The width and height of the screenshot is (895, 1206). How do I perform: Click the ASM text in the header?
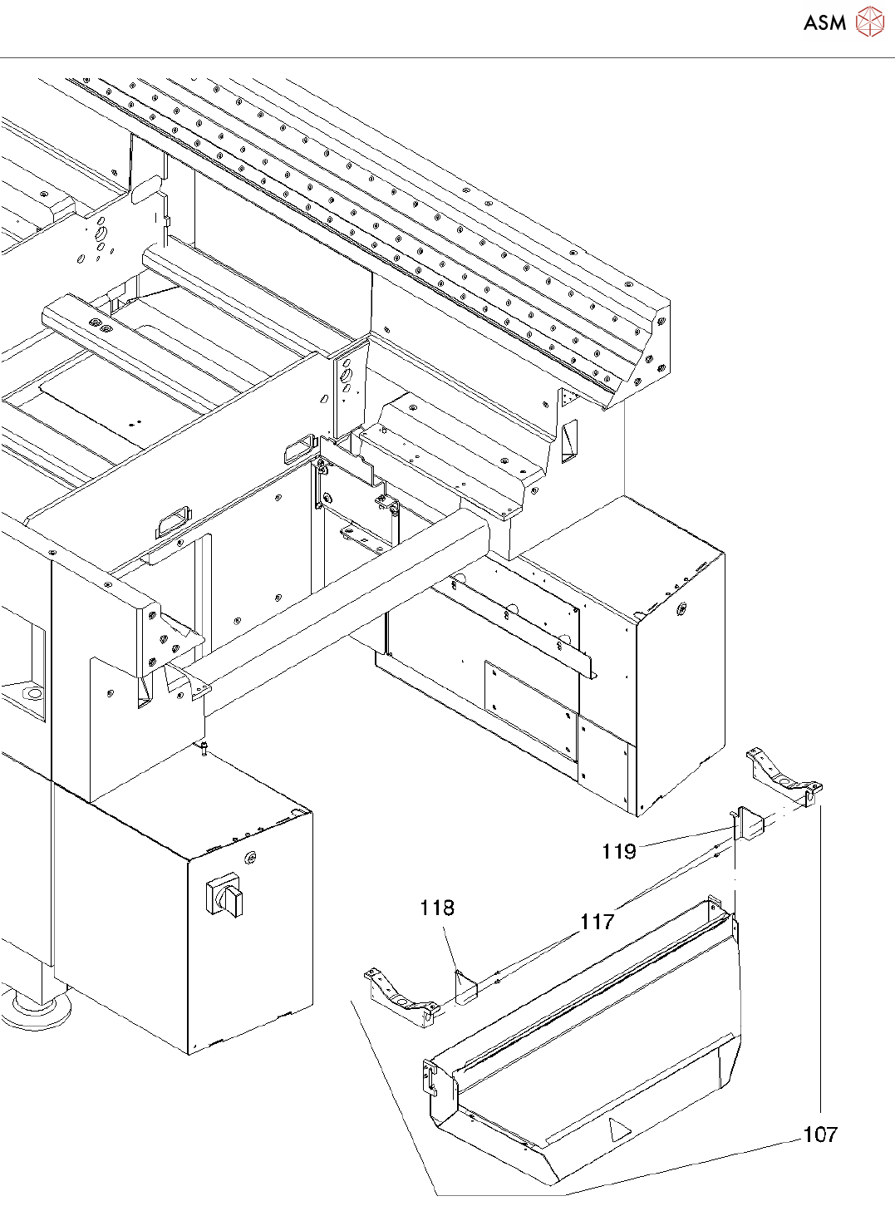click(824, 23)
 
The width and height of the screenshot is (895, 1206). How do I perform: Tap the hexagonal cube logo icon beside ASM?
click(870, 22)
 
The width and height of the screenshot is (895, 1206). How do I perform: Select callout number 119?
click(619, 851)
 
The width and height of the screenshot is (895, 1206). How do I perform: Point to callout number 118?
click(437, 908)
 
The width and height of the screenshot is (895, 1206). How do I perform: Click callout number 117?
click(597, 921)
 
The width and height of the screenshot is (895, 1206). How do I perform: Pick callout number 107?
click(820, 1135)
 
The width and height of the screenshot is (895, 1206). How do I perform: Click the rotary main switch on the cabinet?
click(224, 897)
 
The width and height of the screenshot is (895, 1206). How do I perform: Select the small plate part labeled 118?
click(465, 987)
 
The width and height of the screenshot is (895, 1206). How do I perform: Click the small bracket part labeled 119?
click(747, 827)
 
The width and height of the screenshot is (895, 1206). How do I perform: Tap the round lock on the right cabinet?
click(681, 608)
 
